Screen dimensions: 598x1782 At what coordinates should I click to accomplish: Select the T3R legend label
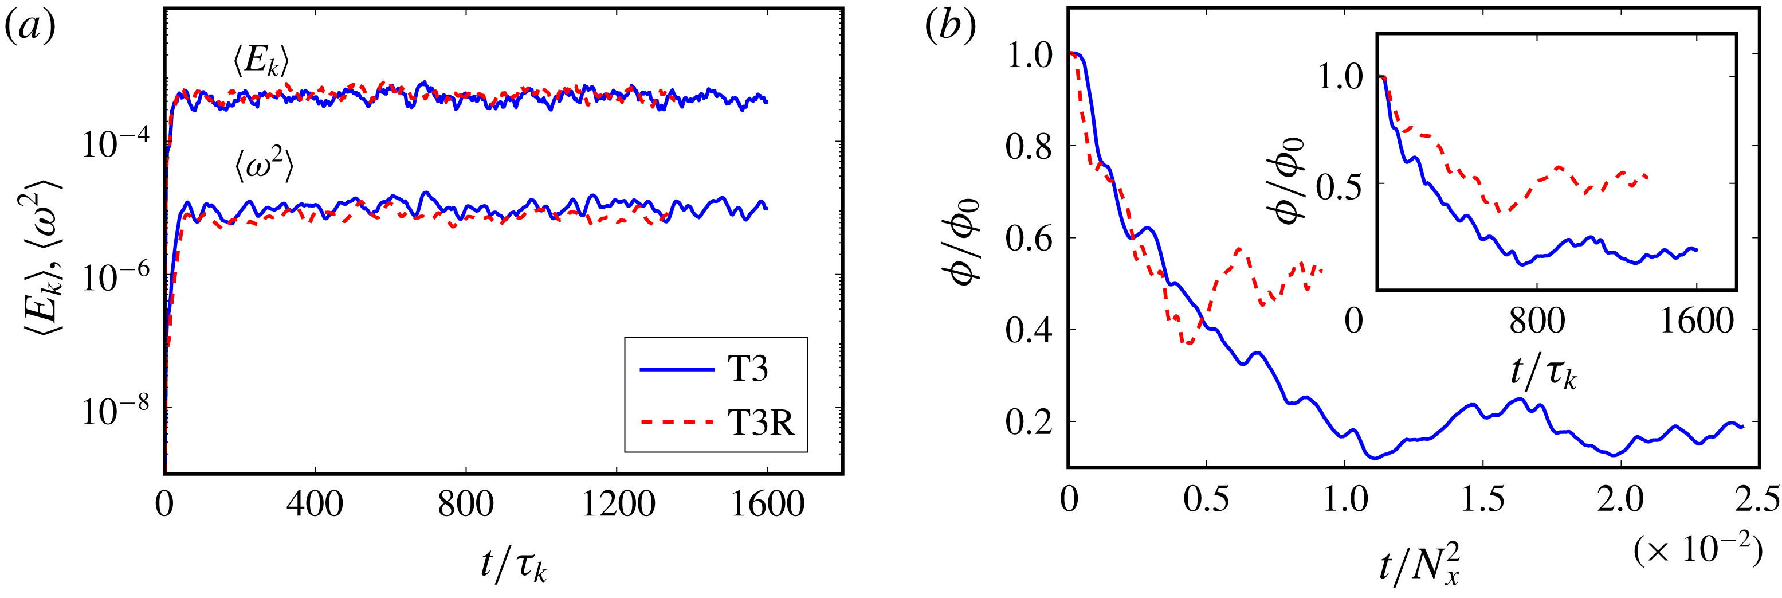(761, 421)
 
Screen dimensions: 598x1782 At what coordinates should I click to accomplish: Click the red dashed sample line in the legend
(676, 421)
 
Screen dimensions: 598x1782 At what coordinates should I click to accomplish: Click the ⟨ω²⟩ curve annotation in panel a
(264, 166)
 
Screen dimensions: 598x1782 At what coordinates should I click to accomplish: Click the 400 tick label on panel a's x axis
(315, 504)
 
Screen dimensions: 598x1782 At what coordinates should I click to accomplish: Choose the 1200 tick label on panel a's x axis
(617, 504)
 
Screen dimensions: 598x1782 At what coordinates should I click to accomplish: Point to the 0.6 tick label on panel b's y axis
(1028, 239)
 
